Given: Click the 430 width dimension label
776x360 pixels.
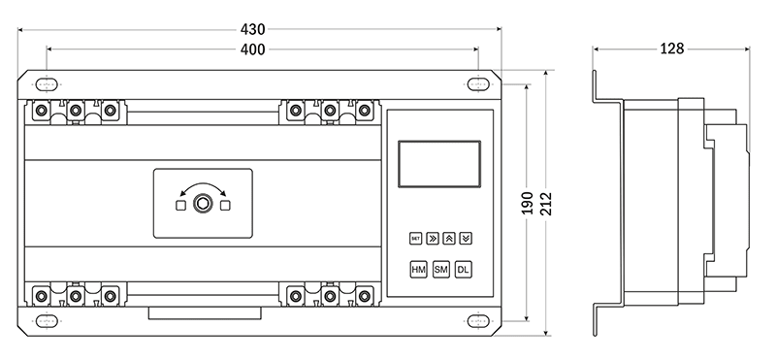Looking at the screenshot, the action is pyautogui.click(x=253, y=29).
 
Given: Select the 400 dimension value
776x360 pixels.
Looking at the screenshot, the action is pyautogui.click(x=253, y=49).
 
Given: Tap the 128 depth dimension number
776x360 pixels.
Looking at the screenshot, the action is pyautogui.click(x=671, y=49).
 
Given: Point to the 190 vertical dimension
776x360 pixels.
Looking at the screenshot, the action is pyautogui.click(x=528, y=203).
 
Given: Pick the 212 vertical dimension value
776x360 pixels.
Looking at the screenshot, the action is pyautogui.click(x=546, y=203).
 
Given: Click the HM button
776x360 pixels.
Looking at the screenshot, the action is pyautogui.click(x=419, y=270).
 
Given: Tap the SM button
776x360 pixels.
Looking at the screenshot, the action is pyautogui.click(x=441, y=270).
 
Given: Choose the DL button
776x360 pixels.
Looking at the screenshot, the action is pyautogui.click(x=464, y=270).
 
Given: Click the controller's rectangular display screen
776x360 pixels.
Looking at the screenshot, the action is pyautogui.click(x=439, y=164).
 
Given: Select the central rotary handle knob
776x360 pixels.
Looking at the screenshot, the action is pyautogui.click(x=203, y=204).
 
